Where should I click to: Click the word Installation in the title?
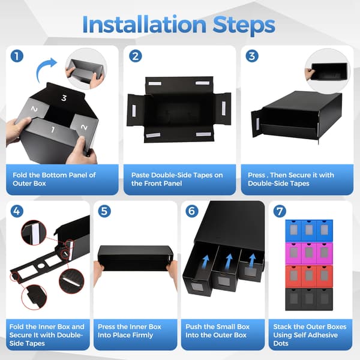(145, 25)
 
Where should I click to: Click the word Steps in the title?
(244, 26)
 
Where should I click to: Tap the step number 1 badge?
(17, 56)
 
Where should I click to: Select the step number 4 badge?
(17, 211)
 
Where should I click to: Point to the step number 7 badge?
(280, 211)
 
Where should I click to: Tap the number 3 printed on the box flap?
(64, 98)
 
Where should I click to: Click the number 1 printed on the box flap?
(53, 130)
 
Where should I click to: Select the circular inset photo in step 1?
(86, 68)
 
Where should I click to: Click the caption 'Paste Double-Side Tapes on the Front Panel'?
(177, 179)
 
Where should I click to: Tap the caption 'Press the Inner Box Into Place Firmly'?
(130, 331)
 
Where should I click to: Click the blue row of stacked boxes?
(309, 231)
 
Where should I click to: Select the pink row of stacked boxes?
(309, 253)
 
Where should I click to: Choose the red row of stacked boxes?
(309, 277)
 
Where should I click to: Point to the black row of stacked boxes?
(309, 299)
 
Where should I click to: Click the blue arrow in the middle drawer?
(229, 261)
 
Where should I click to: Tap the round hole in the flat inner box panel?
(41, 266)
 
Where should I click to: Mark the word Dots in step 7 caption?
(281, 343)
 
